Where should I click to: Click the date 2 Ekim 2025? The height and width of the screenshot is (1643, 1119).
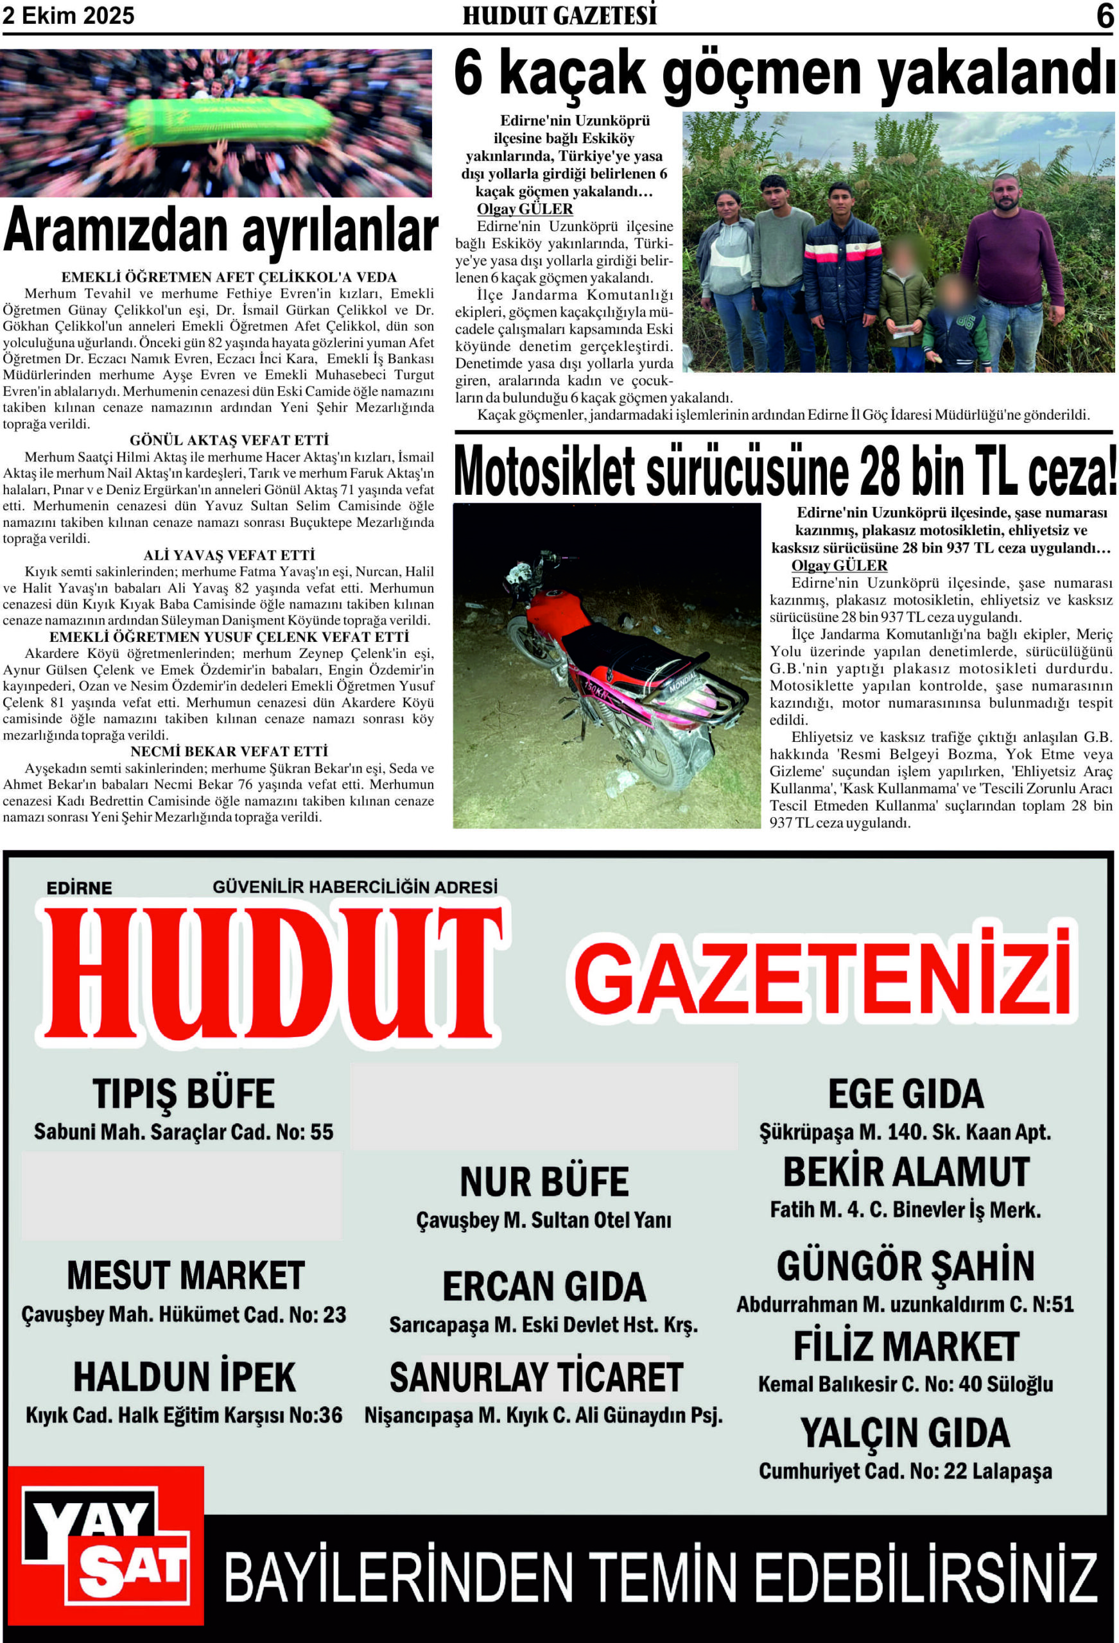69,15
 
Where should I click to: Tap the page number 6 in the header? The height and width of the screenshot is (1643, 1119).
1104,16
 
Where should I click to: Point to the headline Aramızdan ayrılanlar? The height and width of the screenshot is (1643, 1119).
221,230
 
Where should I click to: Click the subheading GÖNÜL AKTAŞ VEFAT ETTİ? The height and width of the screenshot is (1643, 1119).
229,440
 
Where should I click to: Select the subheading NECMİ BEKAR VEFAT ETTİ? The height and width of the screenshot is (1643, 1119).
229,751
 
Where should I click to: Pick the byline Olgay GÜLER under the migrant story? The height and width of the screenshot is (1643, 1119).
525,209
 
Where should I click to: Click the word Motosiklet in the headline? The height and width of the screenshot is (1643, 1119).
544,472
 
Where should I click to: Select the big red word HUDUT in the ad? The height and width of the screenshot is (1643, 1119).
272,975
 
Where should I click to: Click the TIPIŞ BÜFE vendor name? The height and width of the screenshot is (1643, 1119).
183,1094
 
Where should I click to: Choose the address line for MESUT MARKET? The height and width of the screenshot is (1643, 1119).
183,1315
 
